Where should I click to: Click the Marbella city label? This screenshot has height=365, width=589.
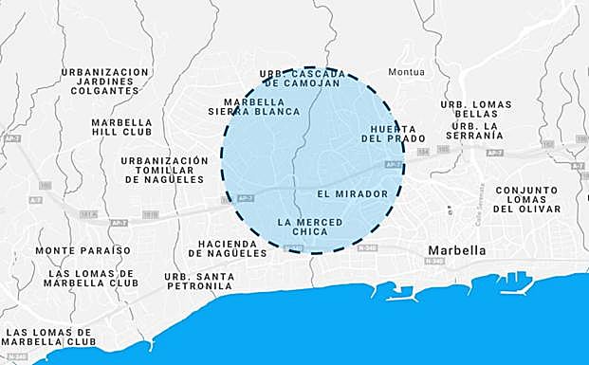(x=457, y=251)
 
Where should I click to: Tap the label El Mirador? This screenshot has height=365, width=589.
(x=353, y=193)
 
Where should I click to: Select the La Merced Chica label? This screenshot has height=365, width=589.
(x=309, y=227)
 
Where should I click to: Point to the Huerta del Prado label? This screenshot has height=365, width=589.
(x=390, y=133)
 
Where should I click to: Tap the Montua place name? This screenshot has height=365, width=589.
(x=407, y=72)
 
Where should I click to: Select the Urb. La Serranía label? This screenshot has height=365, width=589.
(x=477, y=131)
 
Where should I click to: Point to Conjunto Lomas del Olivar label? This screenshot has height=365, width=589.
(x=527, y=198)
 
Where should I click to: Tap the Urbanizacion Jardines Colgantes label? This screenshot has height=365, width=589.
(x=105, y=81)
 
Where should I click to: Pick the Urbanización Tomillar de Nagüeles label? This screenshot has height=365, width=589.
(x=165, y=170)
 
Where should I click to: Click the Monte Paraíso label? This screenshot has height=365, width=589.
(x=83, y=250)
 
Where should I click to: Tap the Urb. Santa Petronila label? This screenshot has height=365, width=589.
(x=199, y=281)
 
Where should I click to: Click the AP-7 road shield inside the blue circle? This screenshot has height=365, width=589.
(x=392, y=164)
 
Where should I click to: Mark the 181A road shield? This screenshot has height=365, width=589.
(x=89, y=215)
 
